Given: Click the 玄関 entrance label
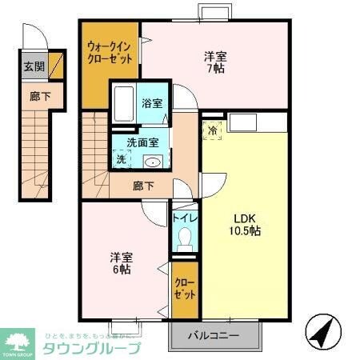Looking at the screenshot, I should tap(34, 66).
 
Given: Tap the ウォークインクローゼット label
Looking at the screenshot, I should tap(110, 53).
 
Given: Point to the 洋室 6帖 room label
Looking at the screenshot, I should tap(122, 263).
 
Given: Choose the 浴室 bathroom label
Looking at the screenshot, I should tap(151, 103).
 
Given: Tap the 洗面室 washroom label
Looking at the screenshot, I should tap(146, 142).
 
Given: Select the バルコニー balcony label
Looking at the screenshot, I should tap(215, 334).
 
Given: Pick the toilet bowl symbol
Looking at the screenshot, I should tap(185, 238).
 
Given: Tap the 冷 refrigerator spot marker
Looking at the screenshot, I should tap(213, 130).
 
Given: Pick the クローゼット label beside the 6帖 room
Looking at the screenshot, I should tap(184, 289).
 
